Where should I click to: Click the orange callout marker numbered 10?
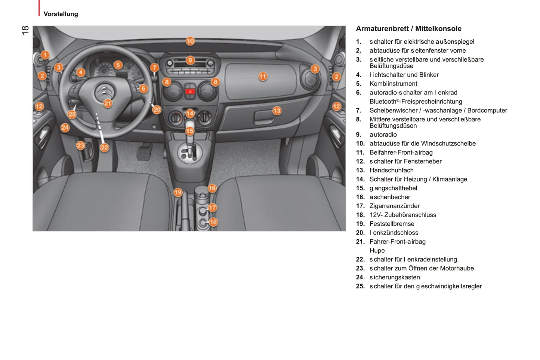[x=190, y=41]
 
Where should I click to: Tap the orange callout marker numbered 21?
[x=108, y=103]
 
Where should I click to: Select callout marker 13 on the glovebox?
[x=277, y=111]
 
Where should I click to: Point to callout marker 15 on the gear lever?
[x=190, y=131]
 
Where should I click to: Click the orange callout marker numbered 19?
[x=178, y=192]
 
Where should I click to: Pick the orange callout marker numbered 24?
[x=65, y=128]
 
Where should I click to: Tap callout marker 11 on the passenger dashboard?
[x=263, y=77]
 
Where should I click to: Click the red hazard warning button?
[x=190, y=91]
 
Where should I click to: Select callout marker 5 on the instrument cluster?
[x=118, y=65]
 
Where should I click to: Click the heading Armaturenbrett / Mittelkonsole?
[x=408, y=29]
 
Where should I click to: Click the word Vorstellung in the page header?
[x=61, y=14]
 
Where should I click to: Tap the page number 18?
[x=25, y=30]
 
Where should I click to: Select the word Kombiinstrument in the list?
[x=393, y=84]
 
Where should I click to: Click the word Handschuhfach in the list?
[x=391, y=170]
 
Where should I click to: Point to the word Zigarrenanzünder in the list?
[x=394, y=206]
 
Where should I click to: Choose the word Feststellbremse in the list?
[x=392, y=224]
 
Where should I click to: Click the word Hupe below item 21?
[x=377, y=251]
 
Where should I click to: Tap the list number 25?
[x=360, y=286]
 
